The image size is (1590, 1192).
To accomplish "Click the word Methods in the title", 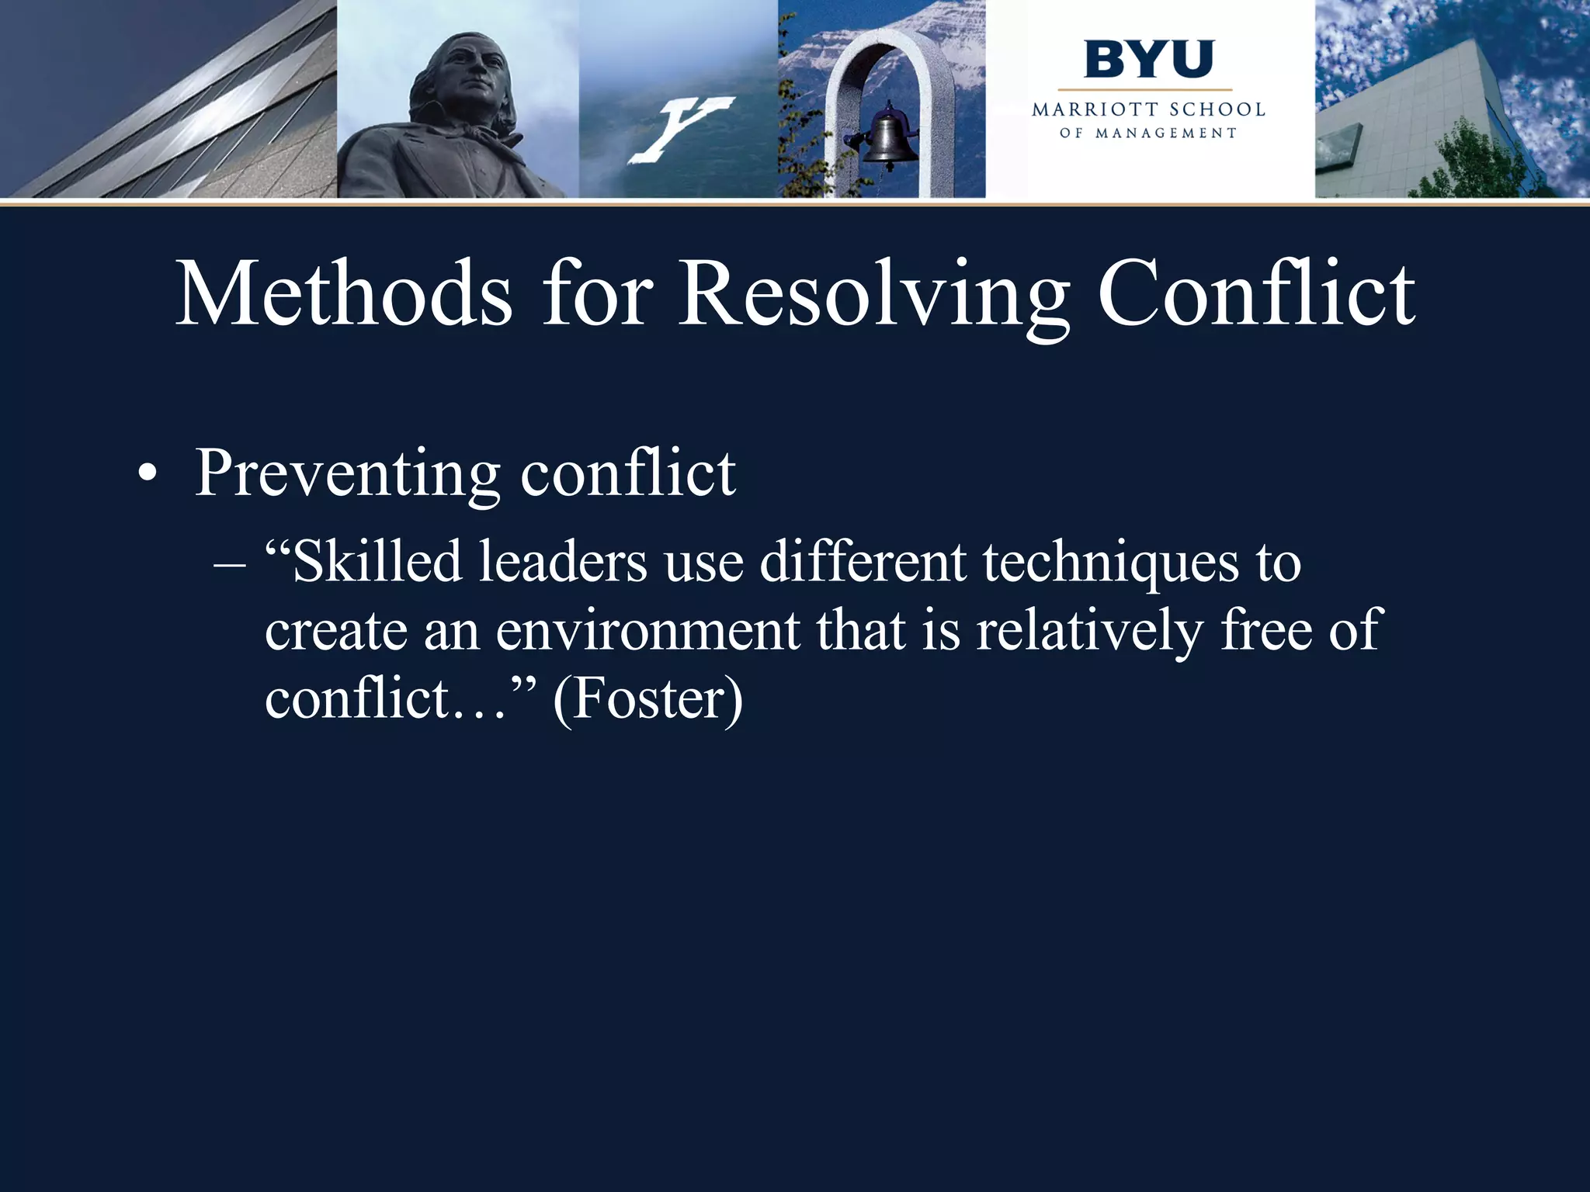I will tap(344, 295).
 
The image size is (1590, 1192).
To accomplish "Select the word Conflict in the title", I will tap(1256, 295).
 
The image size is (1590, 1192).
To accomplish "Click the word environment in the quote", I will tap(647, 630).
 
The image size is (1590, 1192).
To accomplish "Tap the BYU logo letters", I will tap(1149, 60).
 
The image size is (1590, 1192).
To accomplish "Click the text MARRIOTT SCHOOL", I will tap(1148, 110).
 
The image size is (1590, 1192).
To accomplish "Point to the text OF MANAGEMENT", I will tap(1148, 133).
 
